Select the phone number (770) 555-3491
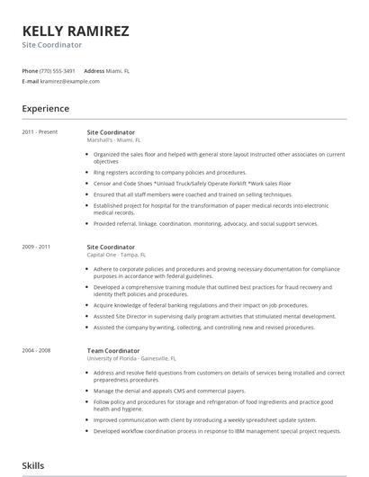(x=58, y=70)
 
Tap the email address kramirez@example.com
(x=70, y=81)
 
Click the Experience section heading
(x=45, y=109)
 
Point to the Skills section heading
(x=33, y=464)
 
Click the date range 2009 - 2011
(x=36, y=247)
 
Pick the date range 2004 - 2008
(x=36, y=350)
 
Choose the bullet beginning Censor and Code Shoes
(x=191, y=184)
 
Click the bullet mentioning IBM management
(x=216, y=431)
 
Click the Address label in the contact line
(x=94, y=70)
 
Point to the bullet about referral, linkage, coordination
(x=205, y=223)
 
